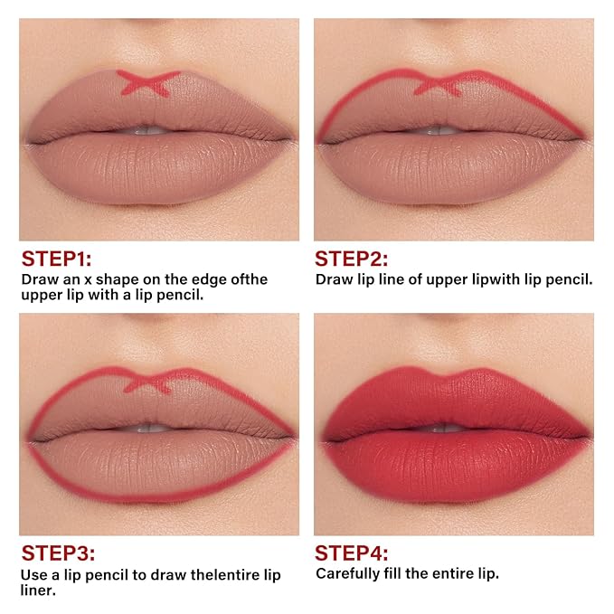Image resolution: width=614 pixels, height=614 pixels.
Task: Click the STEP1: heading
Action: [x=56, y=259]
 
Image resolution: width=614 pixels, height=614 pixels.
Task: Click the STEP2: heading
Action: [x=351, y=259]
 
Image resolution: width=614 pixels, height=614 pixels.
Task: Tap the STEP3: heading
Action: [x=58, y=553]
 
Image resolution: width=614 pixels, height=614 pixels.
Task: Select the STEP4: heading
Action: [x=352, y=553]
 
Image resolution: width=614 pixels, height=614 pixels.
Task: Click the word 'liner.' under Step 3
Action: [x=38, y=590]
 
